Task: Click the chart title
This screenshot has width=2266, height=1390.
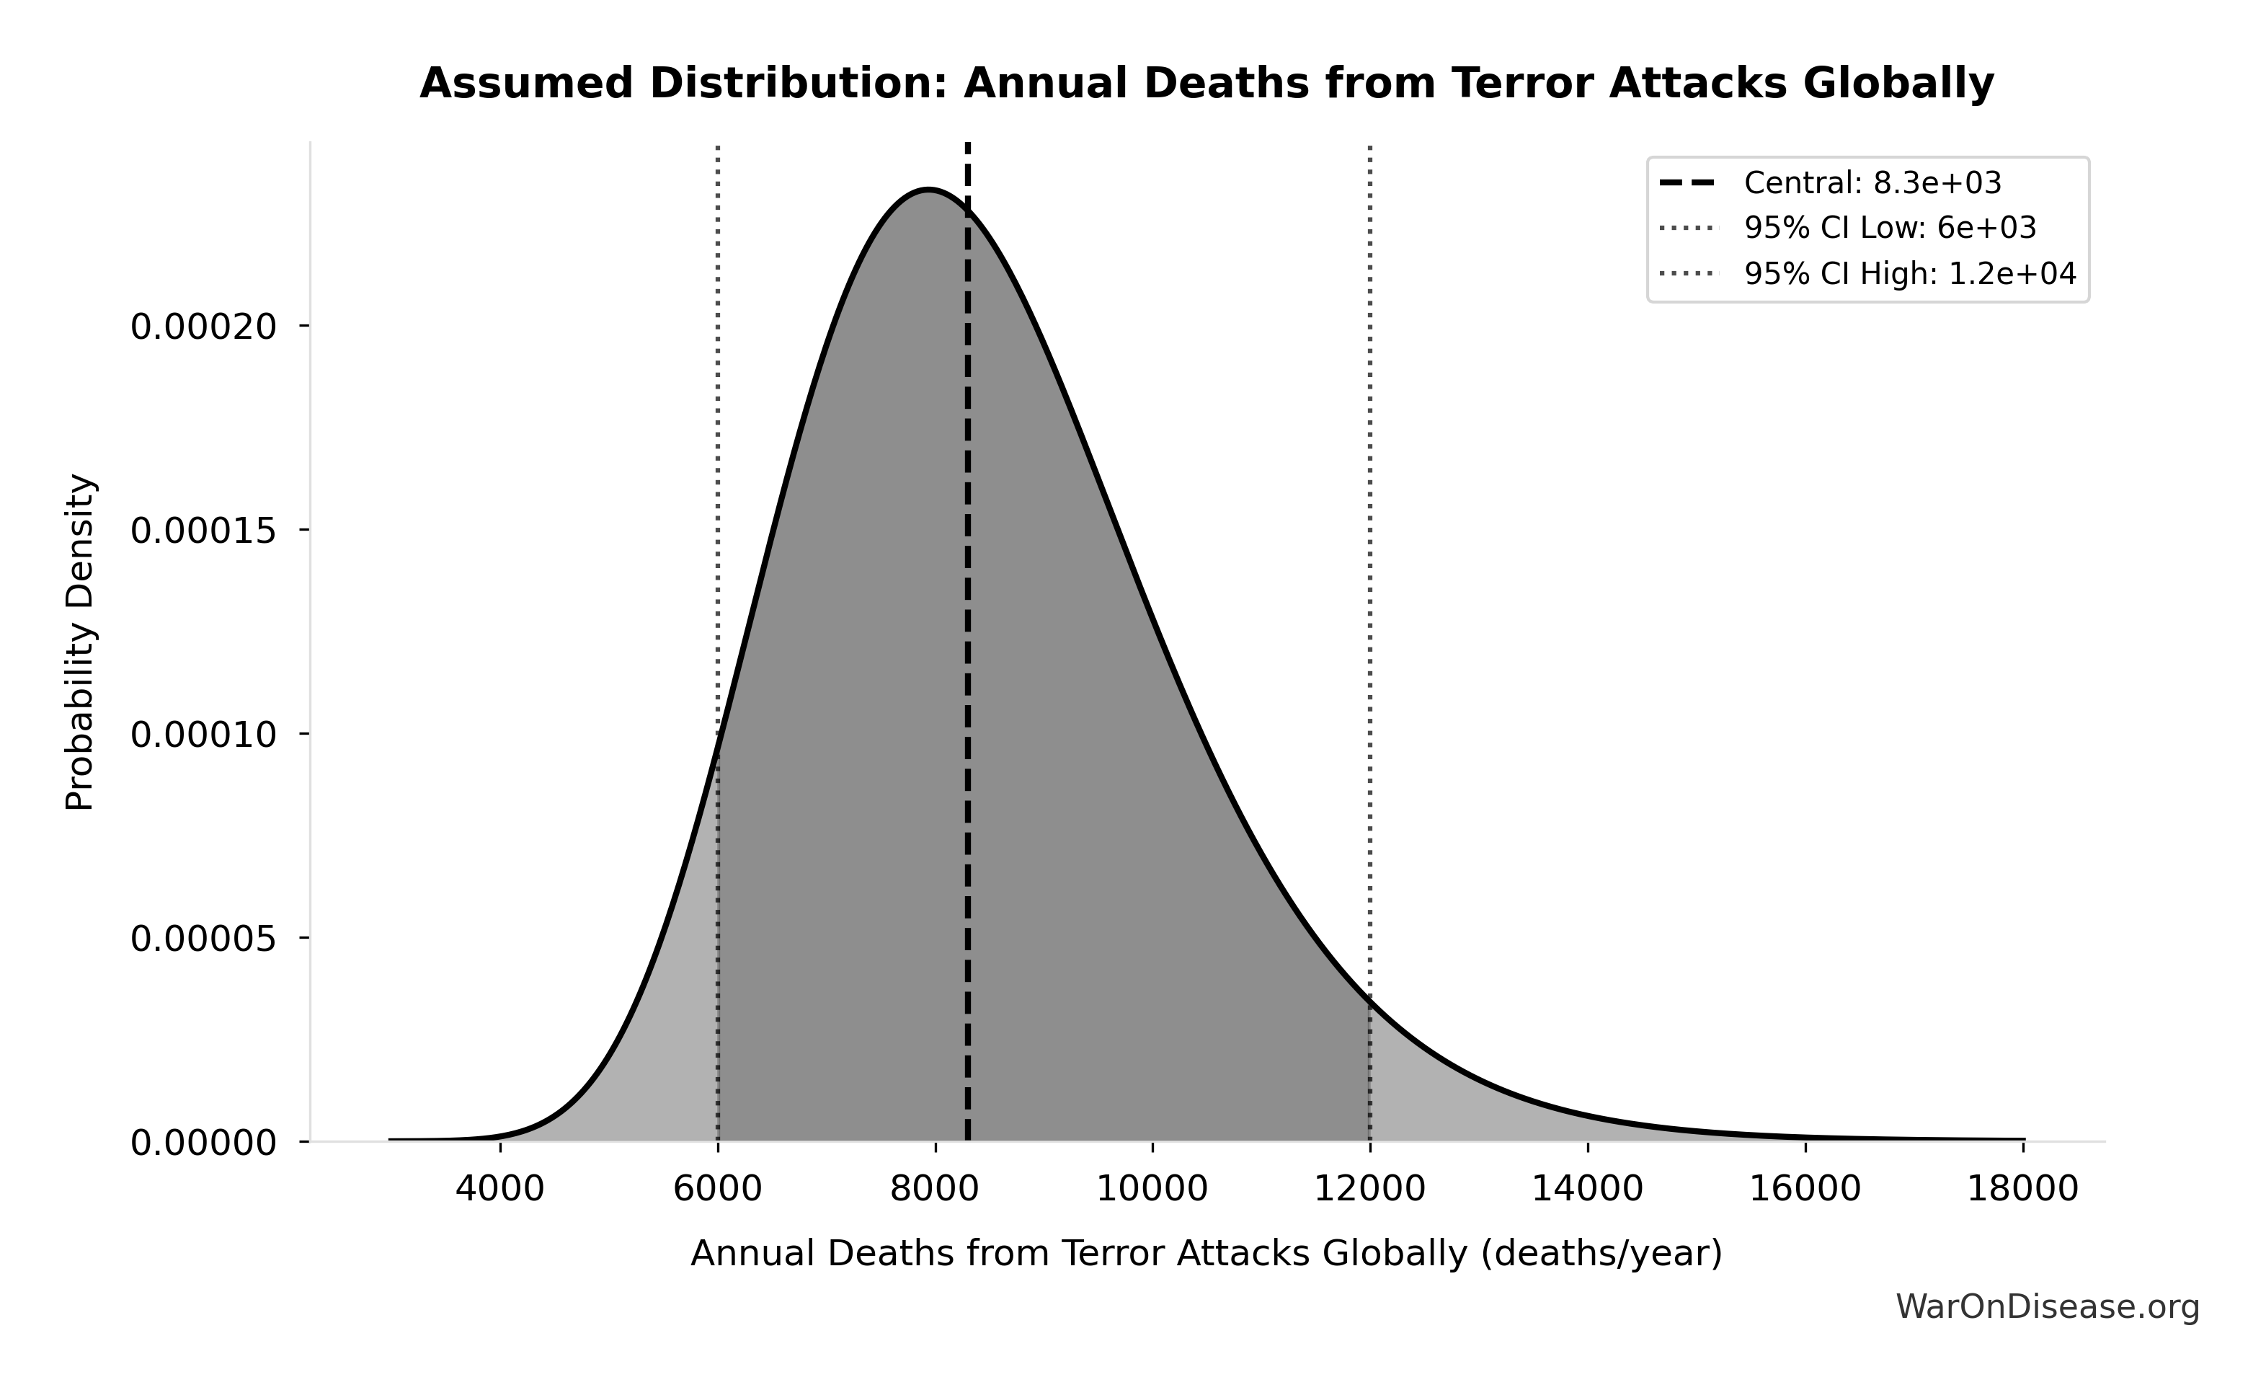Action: click(x=1207, y=84)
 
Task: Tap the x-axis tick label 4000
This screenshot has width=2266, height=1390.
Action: click(x=499, y=1189)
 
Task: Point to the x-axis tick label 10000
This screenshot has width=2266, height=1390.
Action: click(x=1152, y=1189)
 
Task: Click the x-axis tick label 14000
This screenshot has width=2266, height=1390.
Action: click(x=1586, y=1189)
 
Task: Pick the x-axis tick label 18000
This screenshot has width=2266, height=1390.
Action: click(x=2022, y=1189)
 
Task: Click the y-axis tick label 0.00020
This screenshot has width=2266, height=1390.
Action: click(x=203, y=327)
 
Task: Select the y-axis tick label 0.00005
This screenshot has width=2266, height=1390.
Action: click(x=203, y=939)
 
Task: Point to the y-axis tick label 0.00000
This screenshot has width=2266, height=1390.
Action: click(x=203, y=1143)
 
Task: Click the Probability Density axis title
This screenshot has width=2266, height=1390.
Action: click(x=80, y=642)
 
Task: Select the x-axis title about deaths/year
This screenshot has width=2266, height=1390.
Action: click(x=1207, y=1254)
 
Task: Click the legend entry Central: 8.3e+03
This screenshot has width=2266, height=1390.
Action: click(x=1872, y=183)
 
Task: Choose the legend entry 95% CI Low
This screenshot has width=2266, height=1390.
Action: click(x=1890, y=228)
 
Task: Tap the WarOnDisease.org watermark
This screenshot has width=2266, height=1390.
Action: click(x=2047, y=1307)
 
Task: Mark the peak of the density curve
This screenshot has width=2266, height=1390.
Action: click(x=929, y=190)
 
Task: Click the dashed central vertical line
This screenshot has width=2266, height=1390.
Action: click(x=967, y=644)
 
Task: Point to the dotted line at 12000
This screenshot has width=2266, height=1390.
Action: click(x=1369, y=552)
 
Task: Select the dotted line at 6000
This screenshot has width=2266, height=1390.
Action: click(x=717, y=460)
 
